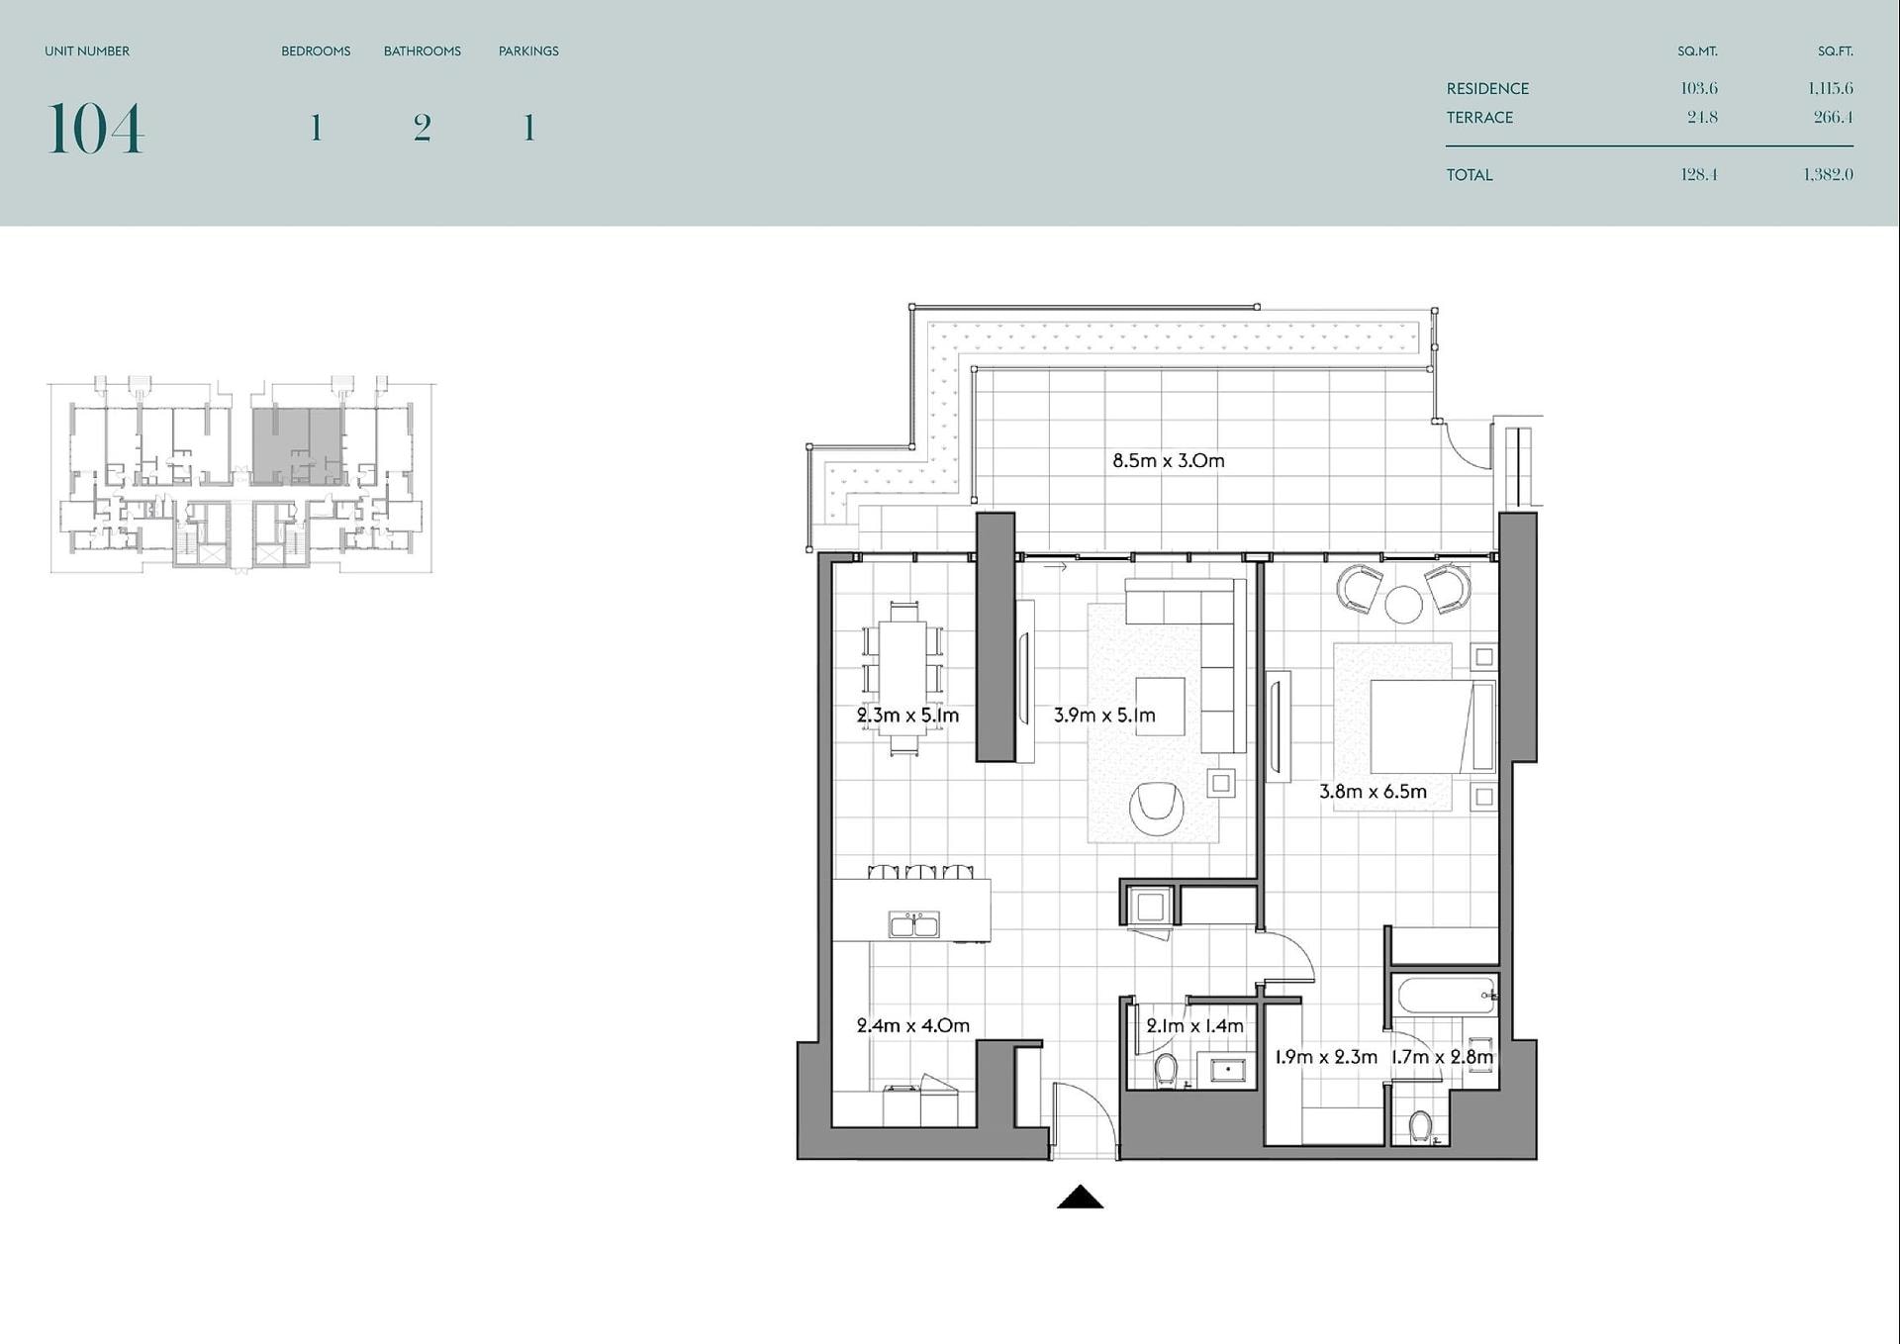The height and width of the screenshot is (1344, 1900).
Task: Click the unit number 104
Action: click(95, 129)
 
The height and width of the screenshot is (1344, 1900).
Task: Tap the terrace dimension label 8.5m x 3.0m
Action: click(1168, 460)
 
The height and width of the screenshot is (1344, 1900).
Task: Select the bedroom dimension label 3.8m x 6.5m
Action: click(1373, 792)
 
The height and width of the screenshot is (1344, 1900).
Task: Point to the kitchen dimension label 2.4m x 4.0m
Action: click(912, 1025)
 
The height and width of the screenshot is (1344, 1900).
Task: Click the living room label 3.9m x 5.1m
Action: click(1104, 715)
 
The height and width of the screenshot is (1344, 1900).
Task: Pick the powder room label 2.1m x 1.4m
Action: click(1194, 1026)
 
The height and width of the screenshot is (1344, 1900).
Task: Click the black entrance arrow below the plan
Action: click(1080, 1197)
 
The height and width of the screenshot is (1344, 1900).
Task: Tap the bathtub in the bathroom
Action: click(1445, 995)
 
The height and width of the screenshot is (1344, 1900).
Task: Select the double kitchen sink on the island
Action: click(914, 924)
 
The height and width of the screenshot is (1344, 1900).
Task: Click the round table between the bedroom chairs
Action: click(1403, 605)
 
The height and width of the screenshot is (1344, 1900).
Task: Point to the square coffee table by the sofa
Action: click(1160, 706)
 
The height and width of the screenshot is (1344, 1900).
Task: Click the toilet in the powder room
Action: click(1166, 1070)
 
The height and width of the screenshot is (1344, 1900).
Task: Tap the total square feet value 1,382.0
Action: click(1828, 174)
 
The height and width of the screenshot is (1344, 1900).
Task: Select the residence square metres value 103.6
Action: click(1699, 88)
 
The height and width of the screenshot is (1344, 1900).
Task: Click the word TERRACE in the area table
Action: click(1479, 118)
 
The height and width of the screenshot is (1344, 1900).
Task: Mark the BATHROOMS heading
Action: click(423, 51)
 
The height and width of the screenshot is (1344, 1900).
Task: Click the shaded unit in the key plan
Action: click(298, 444)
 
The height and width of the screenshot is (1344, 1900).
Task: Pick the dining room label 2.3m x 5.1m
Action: click(907, 715)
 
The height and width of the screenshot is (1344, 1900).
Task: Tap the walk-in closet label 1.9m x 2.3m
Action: click(1326, 1057)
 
